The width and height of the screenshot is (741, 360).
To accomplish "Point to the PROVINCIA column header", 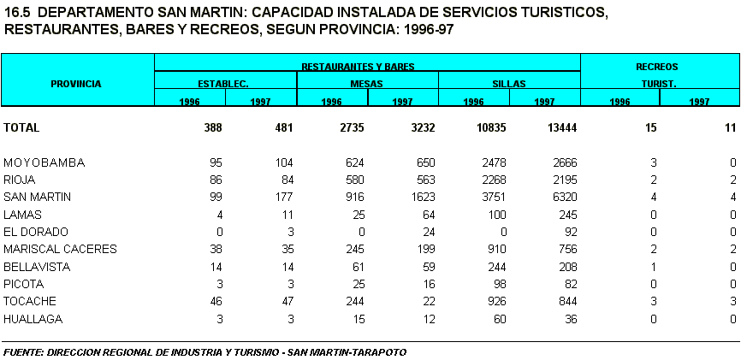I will coord(76,84).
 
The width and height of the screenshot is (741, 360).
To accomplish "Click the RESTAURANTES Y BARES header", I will coord(367,66).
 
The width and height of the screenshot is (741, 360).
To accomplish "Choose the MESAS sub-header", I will coord(366,84).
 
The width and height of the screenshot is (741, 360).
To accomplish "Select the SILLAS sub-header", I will coord(508,84).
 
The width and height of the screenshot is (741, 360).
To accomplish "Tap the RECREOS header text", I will coord(656,66).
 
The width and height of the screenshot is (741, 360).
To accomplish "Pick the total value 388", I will coord(213,127).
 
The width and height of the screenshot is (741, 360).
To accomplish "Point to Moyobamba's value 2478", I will coord(492,162).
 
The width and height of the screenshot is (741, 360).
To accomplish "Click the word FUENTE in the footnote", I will coord(23,352).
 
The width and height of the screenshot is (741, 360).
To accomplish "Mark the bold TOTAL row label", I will coord(21,127).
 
